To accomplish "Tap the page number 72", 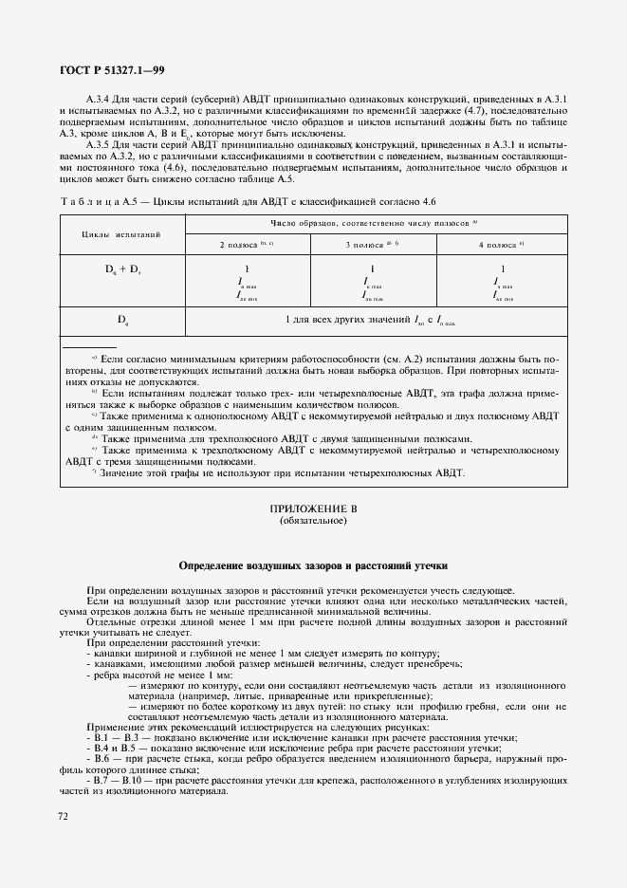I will (65, 815).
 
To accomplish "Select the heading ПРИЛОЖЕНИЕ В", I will (313, 509).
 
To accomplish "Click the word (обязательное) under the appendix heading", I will (313, 521).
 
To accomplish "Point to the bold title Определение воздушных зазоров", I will (313, 564).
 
